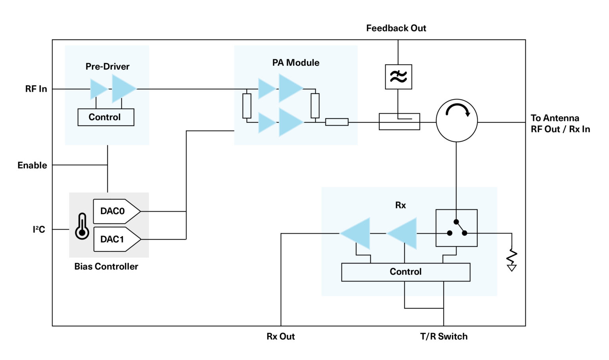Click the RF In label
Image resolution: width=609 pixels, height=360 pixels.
(36, 89)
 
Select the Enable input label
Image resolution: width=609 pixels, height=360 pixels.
(32, 165)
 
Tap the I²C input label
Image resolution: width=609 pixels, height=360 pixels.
(39, 230)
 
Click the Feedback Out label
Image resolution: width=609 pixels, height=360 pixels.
(396, 28)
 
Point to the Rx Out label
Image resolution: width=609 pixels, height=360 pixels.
(280, 337)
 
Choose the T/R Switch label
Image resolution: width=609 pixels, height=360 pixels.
(444, 337)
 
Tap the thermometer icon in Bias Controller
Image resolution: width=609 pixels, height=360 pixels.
(82, 226)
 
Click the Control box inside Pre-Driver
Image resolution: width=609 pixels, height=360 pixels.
(105, 117)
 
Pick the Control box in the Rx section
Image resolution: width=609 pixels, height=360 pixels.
(406, 272)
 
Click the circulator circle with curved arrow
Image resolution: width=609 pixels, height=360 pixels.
(456, 121)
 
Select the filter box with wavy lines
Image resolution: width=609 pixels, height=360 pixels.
(398, 77)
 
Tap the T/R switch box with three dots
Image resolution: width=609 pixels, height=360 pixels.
(456, 228)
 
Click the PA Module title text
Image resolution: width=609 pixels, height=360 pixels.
(296, 63)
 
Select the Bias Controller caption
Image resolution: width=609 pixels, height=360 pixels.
(106, 267)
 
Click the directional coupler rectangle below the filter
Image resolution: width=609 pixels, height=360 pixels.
(399, 122)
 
